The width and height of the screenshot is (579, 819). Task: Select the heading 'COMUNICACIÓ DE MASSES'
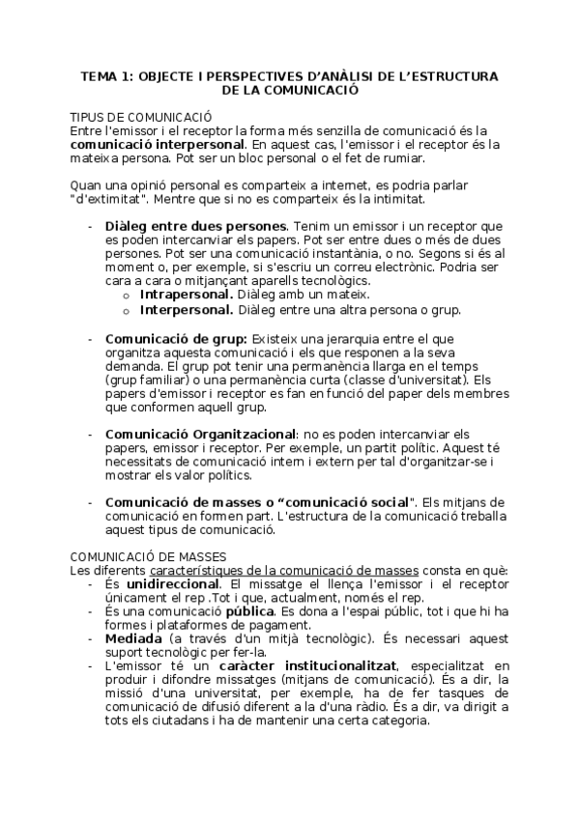pyautogui.click(x=148, y=556)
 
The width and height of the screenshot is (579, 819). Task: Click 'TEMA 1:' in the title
pyautogui.click(x=108, y=76)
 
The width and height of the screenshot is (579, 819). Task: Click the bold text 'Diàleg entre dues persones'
pyautogui.click(x=188, y=226)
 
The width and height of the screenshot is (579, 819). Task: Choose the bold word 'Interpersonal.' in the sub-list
pyautogui.click(x=186, y=310)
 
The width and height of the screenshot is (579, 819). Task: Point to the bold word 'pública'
pyautogui.click(x=250, y=612)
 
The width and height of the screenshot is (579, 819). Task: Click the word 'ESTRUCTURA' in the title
pyautogui.click(x=460, y=76)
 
